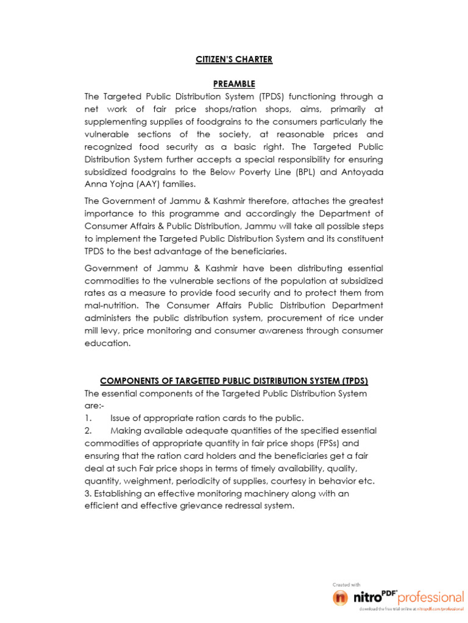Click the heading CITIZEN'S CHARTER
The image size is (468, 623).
(234, 60)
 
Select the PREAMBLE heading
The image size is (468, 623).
(234, 83)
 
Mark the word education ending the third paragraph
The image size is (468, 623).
(107, 343)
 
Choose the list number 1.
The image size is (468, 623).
(88, 418)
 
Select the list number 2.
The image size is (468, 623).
(88, 431)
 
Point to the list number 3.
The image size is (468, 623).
(88, 493)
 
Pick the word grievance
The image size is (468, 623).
(203, 506)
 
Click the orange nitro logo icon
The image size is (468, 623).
(341, 597)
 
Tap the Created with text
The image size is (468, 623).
(347, 585)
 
